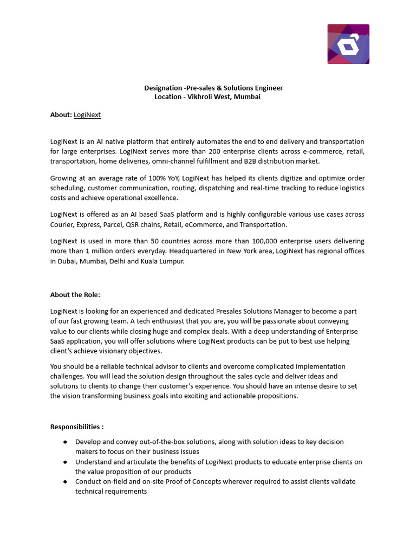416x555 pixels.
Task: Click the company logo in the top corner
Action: point(348,44)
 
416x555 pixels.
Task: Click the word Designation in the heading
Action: point(163,88)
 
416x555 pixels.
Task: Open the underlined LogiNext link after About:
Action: point(87,115)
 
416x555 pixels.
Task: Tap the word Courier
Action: point(62,224)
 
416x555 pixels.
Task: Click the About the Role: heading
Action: point(75,295)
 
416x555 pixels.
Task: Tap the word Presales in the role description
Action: point(238,312)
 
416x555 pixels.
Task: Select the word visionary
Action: point(113,351)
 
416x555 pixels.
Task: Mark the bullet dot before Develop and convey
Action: point(65,442)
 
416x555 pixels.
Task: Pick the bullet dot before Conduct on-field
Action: point(65,481)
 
